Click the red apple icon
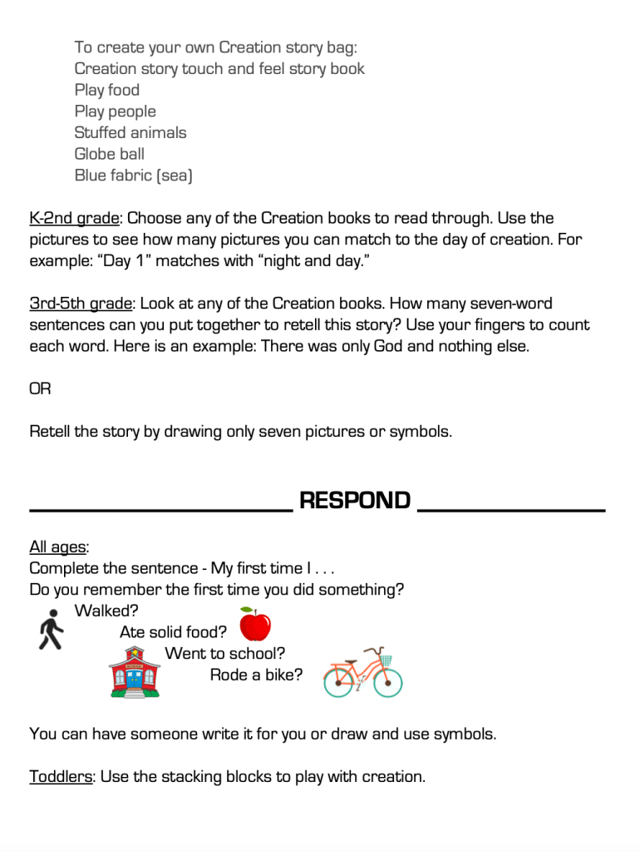coord(255,626)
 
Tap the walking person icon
coord(50,629)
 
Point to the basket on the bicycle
coord(384,660)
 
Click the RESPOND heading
coord(355,501)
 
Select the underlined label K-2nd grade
coord(75,219)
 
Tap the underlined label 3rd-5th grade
coord(81,304)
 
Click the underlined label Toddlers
coord(61,777)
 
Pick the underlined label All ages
coord(58,547)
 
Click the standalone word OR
coord(41,389)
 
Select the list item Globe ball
coord(109,154)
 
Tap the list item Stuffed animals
coord(130,133)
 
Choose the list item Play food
coord(107,90)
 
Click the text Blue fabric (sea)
coord(133,176)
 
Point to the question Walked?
coord(106,611)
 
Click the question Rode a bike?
coord(256,675)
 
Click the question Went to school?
coord(224,654)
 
